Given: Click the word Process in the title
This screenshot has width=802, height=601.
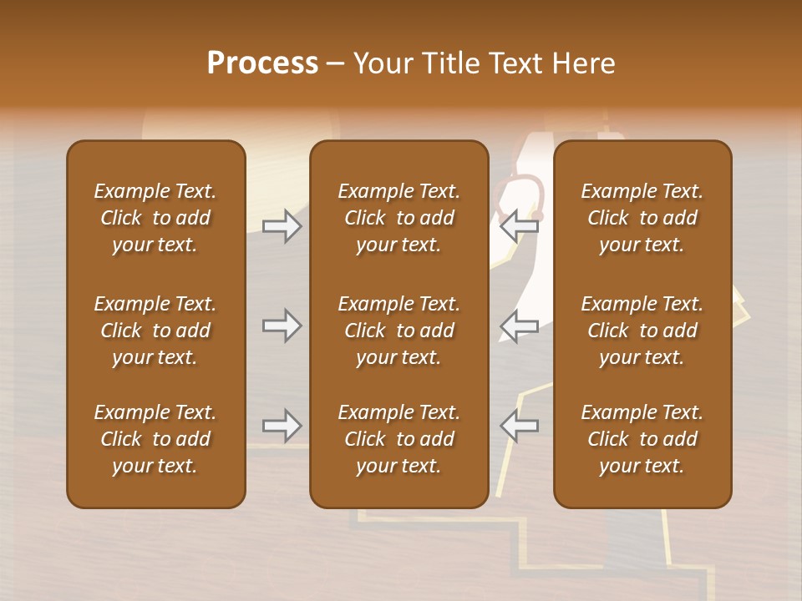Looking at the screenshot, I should pos(262,63).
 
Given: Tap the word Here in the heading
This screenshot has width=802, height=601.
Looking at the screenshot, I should pos(584,63).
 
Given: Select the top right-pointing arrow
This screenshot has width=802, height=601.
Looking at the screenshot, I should pos(282,226).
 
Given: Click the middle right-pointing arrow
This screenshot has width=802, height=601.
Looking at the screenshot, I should pos(282,326).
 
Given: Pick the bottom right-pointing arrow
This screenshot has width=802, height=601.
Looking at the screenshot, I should pos(282,426).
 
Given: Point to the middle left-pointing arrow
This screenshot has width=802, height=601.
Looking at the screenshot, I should pos(519,326).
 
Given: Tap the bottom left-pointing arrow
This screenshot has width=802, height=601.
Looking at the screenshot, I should pos(519,426).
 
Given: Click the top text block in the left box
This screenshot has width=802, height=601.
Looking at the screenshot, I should pos(155,218).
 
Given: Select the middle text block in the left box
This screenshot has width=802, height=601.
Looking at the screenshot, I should pos(155,331).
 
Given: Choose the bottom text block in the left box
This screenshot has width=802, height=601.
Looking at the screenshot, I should pos(155,439).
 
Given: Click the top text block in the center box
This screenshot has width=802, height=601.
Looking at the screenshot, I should pos(399,218).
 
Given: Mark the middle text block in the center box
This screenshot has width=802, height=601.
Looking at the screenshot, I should pos(399,331).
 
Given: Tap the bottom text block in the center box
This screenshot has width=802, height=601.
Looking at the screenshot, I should pos(399,439).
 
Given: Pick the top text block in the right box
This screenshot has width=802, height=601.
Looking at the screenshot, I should pos(642,218).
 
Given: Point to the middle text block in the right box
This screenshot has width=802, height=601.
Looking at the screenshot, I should pos(642,331).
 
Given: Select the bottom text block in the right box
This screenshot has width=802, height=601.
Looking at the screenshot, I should pos(642,439).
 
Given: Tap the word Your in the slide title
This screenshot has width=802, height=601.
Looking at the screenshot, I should pos(381,63).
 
